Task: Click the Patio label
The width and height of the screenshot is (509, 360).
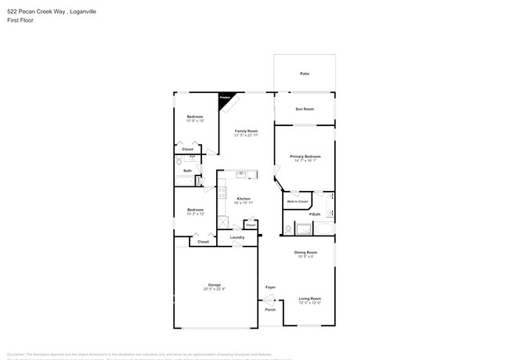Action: click(304, 74)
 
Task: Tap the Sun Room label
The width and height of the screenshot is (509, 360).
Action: click(304, 109)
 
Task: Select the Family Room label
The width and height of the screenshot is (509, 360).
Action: click(246, 131)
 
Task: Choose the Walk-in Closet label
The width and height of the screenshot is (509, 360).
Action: click(296, 201)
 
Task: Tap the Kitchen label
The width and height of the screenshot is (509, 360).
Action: click(244, 199)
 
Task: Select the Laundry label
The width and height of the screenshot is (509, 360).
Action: click(237, 237)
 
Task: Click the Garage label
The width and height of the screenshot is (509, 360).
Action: click(214, 284)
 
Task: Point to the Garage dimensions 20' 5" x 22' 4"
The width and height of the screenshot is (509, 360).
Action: click(214, 290)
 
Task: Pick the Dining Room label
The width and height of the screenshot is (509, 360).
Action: click(305, 252)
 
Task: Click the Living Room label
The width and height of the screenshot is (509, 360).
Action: click(310, 298)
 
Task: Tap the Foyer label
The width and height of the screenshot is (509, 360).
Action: click(270, 287)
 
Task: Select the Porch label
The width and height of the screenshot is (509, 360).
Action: click(270, 309)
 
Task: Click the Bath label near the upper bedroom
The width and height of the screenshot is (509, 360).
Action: click(188, 171)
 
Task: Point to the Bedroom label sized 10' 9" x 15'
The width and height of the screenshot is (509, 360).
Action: click(195, 117)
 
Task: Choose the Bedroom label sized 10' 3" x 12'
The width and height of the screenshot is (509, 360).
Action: click(195, 209)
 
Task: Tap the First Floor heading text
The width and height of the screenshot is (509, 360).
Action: click(16, 21)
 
